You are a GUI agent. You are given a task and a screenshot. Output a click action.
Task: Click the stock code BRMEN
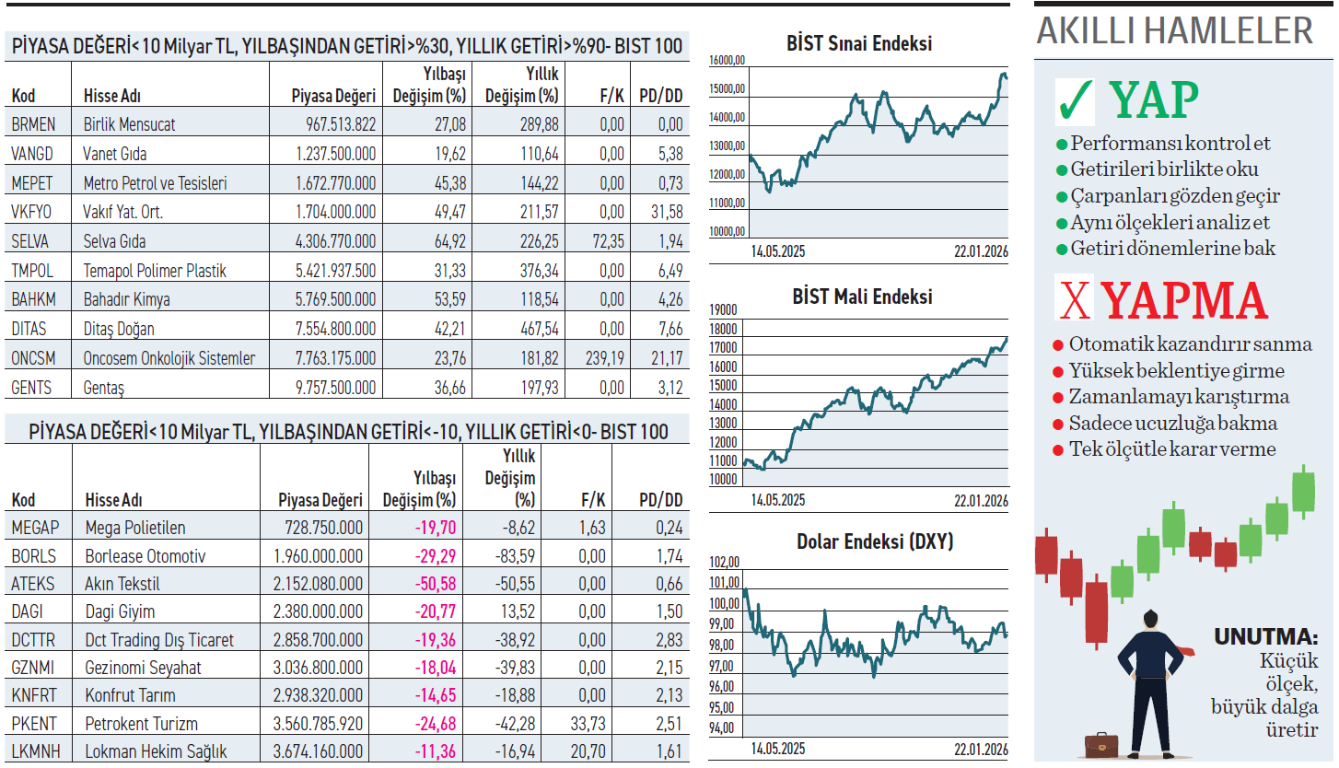(x=34, y=124)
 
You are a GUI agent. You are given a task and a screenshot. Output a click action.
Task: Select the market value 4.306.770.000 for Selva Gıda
(x=335, y=241)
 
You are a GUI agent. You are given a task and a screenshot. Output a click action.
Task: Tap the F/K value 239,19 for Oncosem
(x=604, y=358)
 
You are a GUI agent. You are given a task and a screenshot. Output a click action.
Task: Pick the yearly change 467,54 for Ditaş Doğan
(x=535, y=329)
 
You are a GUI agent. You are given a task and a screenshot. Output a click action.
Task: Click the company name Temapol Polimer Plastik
(x=155, y=271)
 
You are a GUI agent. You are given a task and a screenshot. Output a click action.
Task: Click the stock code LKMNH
(x=36, y=751)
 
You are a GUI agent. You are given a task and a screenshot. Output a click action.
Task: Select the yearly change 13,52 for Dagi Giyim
(x=517, y=611)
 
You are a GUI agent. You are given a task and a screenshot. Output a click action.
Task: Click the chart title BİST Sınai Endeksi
(x=858, y=43)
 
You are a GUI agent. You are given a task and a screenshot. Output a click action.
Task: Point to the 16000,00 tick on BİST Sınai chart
(x=727, y=62)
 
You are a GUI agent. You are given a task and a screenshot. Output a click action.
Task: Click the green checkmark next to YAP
(x=1075, y=101)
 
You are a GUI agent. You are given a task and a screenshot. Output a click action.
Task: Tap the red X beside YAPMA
(x=1072, y=301)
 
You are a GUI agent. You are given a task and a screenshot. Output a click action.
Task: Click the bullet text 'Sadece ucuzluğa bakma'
(x=1172, y=424)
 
